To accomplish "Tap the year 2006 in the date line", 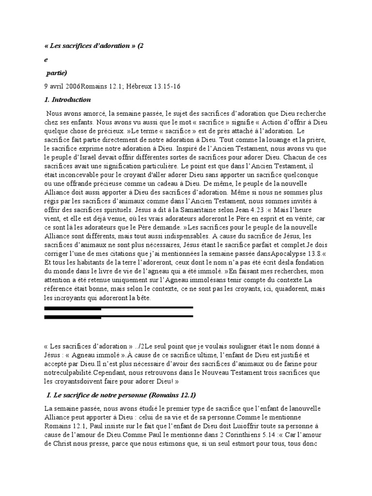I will (72, 86).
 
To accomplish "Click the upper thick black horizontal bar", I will (118, 308).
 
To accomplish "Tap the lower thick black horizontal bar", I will (118, 317).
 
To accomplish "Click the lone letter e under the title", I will (45, 60).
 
